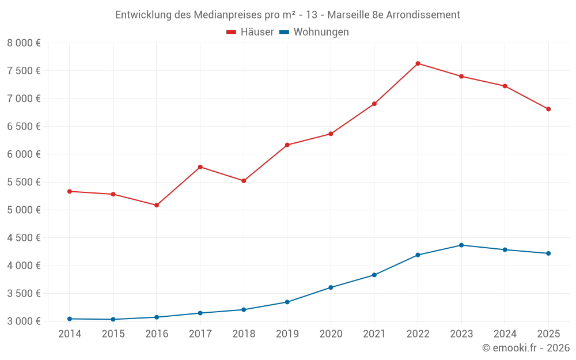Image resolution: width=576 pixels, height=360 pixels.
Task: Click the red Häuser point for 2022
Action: tap(418, 63)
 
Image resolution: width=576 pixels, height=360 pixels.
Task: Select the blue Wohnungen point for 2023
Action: tap(461, 245)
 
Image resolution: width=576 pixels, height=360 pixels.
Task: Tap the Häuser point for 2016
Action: tap(157, 205)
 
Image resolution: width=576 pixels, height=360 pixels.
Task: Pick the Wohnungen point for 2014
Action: tap(70, 319)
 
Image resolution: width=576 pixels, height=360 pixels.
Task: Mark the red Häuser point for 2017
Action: tap(200, 167)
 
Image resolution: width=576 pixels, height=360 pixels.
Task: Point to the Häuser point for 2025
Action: tap(548, 109)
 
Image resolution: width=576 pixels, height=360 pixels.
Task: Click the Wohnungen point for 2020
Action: tap(331, 287)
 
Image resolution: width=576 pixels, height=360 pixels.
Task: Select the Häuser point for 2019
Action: tap(287, 145)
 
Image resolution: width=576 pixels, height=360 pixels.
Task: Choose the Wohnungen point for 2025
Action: tap(548, 253)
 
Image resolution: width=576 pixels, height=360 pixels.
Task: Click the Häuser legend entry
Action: tap(250, 32)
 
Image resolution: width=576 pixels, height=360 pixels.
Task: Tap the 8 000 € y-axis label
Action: tap(24, 43)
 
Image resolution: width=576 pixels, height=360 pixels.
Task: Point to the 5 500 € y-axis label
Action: tap(24, 182)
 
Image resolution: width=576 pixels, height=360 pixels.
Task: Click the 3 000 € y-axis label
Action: tap(24, 321)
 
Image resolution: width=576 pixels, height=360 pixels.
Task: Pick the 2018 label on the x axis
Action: tap(244, 334)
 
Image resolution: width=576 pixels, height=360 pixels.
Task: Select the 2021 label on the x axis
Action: tap(374, 334)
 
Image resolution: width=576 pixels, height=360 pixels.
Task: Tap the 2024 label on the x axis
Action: tap(505, 334)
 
